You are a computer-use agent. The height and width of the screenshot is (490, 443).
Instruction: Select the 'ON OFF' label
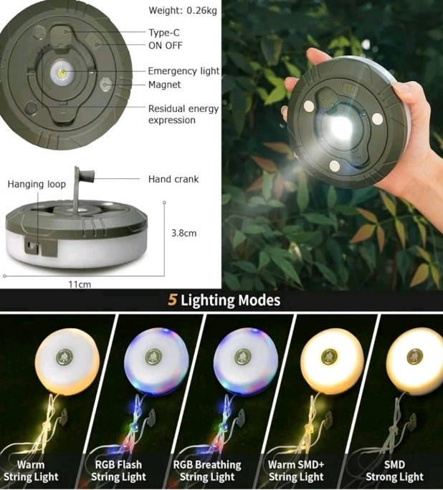[x=165, y=45]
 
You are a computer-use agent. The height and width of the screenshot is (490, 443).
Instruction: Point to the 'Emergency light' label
[x=184, y=71]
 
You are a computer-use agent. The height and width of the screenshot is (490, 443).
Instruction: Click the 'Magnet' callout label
[x=164, y=85]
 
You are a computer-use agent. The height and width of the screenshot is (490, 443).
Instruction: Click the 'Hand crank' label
[x=173, y=178]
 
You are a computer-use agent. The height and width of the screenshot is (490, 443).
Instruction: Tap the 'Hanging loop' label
[x=37, y=184]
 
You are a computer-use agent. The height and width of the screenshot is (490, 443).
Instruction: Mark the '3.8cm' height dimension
[x=184, y=233]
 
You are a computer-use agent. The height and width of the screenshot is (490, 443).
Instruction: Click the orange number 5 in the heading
[x=172, y=300]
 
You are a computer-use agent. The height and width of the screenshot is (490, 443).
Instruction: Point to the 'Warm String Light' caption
[x=31, y=471]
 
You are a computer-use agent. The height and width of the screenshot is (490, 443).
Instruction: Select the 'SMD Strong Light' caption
[x=394, y=471]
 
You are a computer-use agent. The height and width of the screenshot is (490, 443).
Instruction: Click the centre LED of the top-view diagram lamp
[x=63, y=73]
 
